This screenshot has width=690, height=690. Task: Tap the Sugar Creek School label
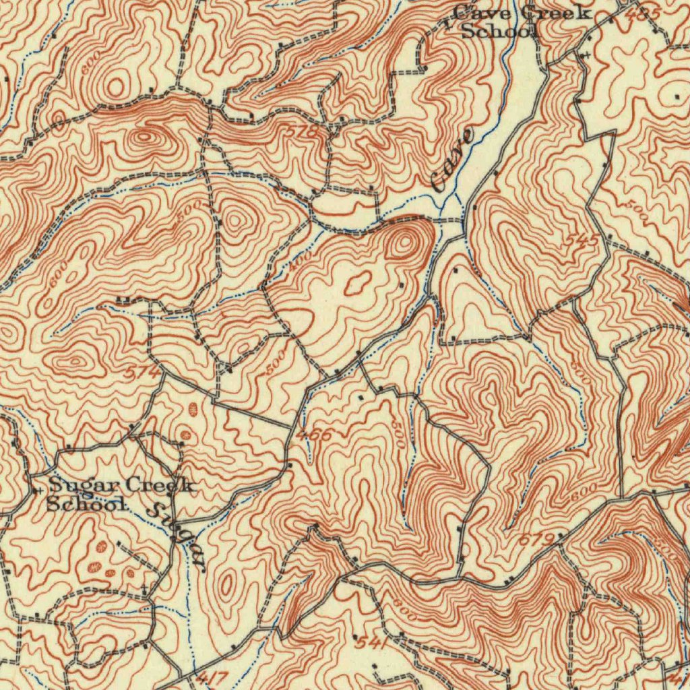pyautogui.click(x=120, y=494)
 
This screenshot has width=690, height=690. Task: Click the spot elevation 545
pyautogui.click(x=581, y=239)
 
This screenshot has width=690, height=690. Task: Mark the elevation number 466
pyautogui.click(x=314, y=435)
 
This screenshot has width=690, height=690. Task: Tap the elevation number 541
pyautogui.click(x=371, y=644)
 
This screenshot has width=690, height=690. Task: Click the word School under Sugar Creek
pyautogui.click(x=86, y=503)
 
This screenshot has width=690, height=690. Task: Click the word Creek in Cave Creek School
pyautogui.click(x=559, y=13)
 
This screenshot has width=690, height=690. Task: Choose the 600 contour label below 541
pyautogui.click(x=406, y=610)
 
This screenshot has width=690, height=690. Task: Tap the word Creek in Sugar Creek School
pyautogui.click(x=160, y=484)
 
